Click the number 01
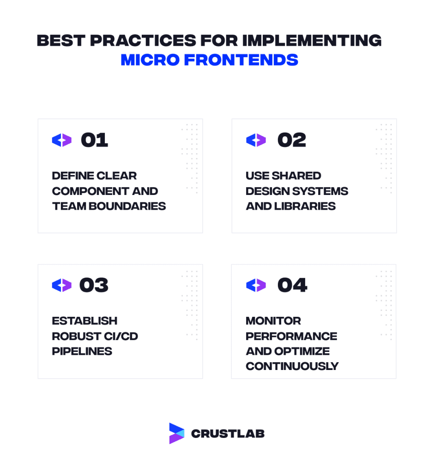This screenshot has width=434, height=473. (94, 140)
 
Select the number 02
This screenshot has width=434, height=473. (292, 140)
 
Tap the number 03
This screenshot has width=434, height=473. (94, 285)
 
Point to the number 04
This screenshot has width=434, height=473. (292, 285)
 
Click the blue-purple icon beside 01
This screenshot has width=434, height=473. (62, 140)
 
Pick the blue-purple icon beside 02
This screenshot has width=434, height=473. (256, 140)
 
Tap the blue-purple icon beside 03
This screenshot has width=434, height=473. (62, 285)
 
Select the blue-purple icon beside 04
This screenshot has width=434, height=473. (256, 285)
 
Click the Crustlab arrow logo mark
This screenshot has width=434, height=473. (177, 433)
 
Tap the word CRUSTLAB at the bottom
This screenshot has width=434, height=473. (228, 434)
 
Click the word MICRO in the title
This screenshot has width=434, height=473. (150, 60)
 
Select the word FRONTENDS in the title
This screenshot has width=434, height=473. (241, 60)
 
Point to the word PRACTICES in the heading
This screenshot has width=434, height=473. (143, 41)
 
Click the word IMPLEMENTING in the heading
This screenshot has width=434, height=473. (312, 41)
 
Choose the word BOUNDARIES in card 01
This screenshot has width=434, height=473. (127, 206)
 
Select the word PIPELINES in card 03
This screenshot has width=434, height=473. (82, 352)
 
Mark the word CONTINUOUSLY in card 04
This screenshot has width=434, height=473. (292, 366)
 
